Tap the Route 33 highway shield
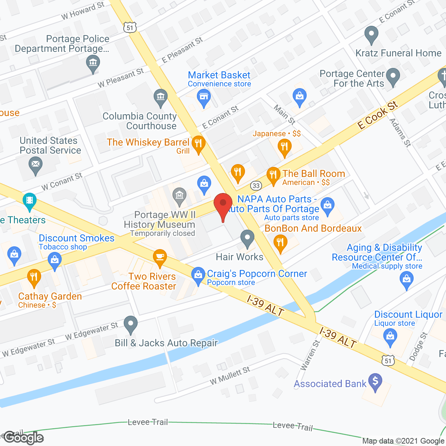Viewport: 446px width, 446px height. pyautogui.click(x=256, y=185)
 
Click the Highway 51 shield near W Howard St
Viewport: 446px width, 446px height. pyautogui.click(x=130, y=28)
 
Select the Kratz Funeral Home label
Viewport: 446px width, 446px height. pyautogui.click(x=398, y=53)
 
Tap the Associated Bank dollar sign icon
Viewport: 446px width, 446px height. pyautogui.click(x=375, y=382)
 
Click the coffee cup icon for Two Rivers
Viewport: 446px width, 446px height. pyautogui.click(x=160, y=257)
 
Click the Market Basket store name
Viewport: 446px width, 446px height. pyautogui.click(x=219, y=75)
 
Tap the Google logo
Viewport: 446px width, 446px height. pyautogui.click(x=24, y=438)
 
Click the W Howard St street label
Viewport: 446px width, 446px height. pyautogui.click(x=83, y=11)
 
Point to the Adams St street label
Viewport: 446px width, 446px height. pyautogui.click(x=400, y=132)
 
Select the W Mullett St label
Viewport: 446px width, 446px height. pyautogui.click(x=230, y=376)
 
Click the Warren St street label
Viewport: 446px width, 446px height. pyautogui.click(x=310, y=355)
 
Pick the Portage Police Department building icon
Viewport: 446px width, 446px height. pyautogui.click(x=93, y=63)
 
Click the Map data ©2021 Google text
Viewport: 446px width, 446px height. pyautogui.click(x=403, y=441)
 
